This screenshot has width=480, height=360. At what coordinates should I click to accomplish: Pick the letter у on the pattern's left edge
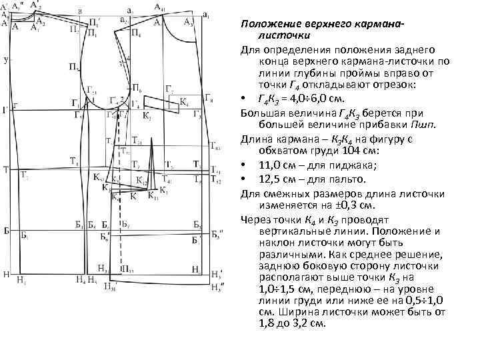[x=5, y=60]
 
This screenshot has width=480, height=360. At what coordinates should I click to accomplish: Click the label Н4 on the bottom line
[x=80, y=279]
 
